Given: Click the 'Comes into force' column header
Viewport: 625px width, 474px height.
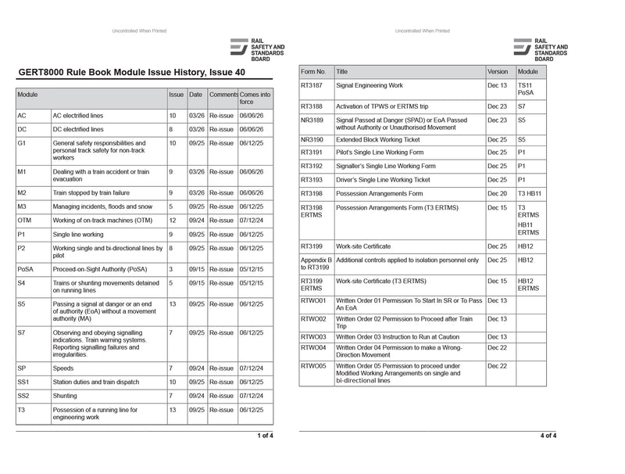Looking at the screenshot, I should (x=255, y=98).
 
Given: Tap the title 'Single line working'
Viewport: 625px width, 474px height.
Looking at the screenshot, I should (x=78, y=234).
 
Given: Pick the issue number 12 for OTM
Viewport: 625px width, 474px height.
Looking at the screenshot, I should (x=173, y=221).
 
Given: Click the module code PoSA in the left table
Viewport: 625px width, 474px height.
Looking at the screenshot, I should (x=26, y=269).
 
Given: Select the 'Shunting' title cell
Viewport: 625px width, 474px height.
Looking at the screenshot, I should (x=66, y=396).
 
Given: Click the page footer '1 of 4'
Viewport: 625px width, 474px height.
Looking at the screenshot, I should (x=265, y=436).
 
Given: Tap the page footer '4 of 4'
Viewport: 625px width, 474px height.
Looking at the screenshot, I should (x=548, y=436).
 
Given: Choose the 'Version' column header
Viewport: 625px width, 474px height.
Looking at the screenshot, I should (x=498, y=71).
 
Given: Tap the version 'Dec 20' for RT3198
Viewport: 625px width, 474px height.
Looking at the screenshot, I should (x=497, y=193).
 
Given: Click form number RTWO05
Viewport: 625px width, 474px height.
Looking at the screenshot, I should (x=313, y=365).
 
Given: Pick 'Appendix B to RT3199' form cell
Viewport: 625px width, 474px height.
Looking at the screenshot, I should (x=316, y=264).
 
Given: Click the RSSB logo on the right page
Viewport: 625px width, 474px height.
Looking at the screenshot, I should (x=541, y=48).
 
